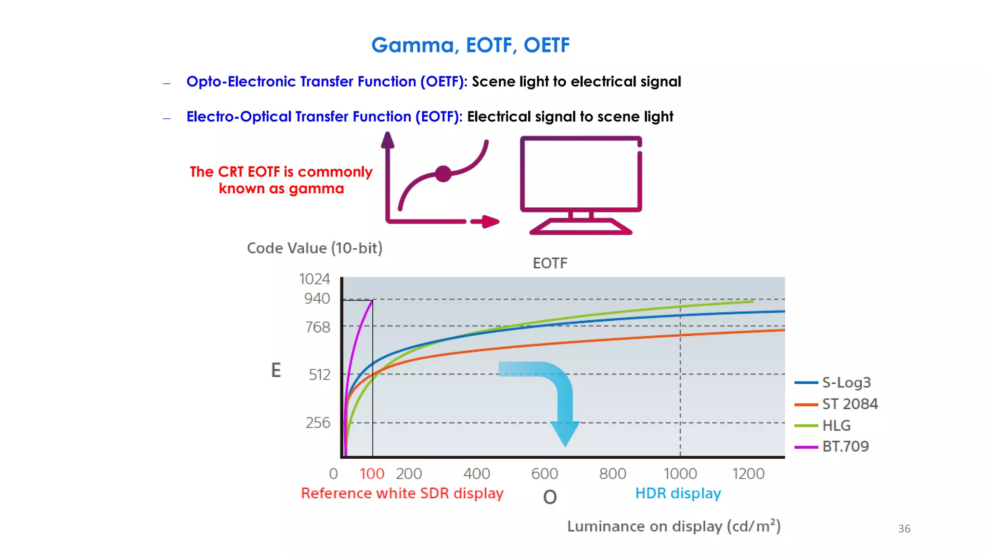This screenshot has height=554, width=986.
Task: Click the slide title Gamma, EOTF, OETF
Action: pyautogui.click(x=470, y=45)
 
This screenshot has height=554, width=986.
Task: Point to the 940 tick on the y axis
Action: pyautogui.click(x=317, y=299)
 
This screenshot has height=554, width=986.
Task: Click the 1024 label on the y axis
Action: pyautogui.click(x=314, y=279)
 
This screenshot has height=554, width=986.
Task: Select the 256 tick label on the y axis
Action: pyautogui.click(x=318, y=423)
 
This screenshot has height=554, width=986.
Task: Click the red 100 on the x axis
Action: pyautogui.click(x=372, y=474)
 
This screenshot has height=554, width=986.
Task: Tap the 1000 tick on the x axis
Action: pyautogui.click(x=680, y=474)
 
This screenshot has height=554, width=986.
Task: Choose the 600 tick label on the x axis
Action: pyautogui.click(x=545, y=474)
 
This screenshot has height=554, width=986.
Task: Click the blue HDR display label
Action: pyautogui.click(x=678, y=493)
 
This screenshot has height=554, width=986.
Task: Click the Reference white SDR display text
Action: pyautogui.click(x=402, y=493)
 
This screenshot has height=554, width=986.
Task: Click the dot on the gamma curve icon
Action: pyautogui.click(x=443, y=174)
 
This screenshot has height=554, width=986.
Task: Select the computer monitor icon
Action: pyautogui.click(x=581, y=185)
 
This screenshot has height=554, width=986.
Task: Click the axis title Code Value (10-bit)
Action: pyautogui.click(x=314, y=248)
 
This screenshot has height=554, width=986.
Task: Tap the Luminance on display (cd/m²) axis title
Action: pyautogui.click(x=674, y=526)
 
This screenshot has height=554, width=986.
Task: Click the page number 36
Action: pyautogui.click(x=904, y=529)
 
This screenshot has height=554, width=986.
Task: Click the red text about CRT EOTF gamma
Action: pyautogui.click(x=281, y=180)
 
